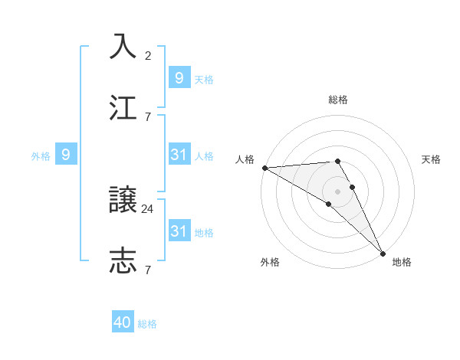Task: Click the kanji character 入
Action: [123, 46]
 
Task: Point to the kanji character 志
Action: [123, 260]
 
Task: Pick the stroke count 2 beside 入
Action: [148, 55]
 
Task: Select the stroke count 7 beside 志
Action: [148, 270]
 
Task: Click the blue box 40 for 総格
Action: [123, 322]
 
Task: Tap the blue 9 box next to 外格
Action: [66, 155]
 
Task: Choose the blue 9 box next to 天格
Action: [179, 77]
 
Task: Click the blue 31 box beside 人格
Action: [179, 155]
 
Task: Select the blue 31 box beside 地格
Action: [179, 231]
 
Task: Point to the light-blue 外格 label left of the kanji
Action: [41, 155]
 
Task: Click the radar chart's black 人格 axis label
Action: [245, 159]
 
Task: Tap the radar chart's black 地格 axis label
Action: [402, 262]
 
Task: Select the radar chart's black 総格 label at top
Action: [338, 100]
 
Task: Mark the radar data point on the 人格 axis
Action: [264, 167]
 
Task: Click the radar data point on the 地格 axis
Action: [383, 253]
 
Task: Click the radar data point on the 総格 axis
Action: [337, 161]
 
